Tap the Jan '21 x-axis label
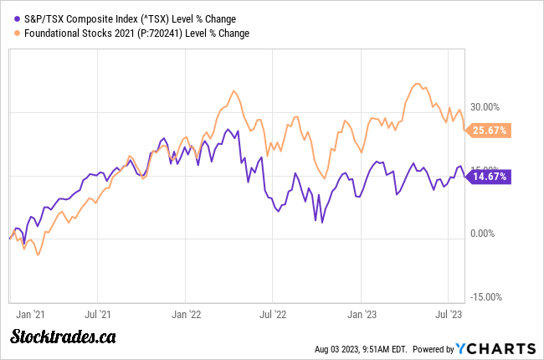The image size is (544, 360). [31, 315]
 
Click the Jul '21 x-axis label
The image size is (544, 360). [99, 315]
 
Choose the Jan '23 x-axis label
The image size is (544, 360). [362, 315]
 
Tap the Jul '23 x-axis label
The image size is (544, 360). [449, 315]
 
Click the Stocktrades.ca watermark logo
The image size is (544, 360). [63, 337]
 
